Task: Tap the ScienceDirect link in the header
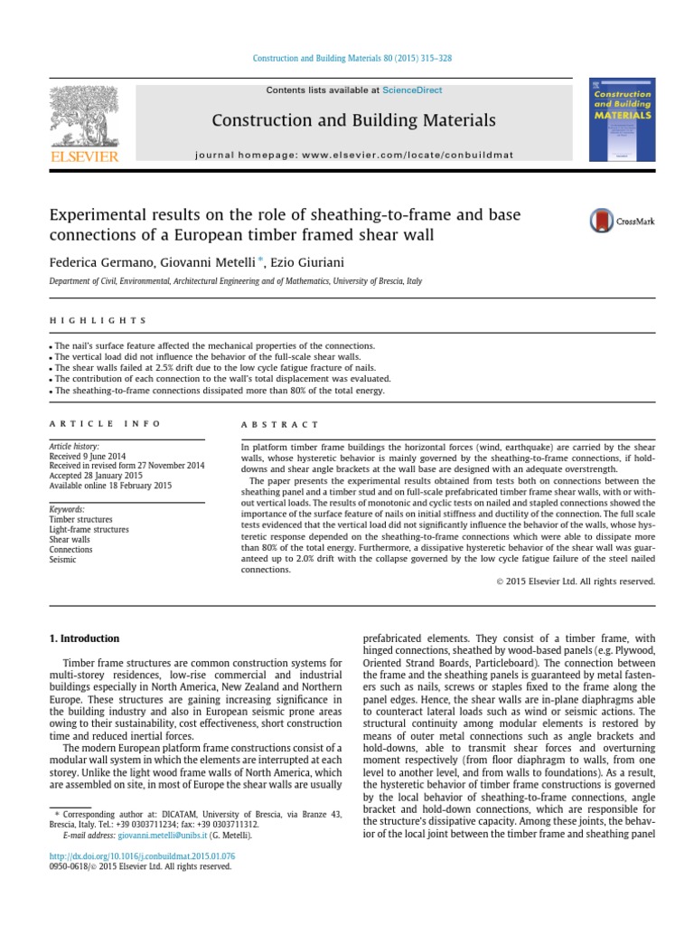coord(412,90)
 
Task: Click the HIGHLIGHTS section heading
coord(97,321)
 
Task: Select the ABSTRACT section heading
coord(279,424)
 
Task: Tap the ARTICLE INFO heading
coord(105,424)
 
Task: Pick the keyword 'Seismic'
coord(63,560)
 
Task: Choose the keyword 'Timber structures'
coord(81,520)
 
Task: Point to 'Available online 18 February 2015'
coord(110,486)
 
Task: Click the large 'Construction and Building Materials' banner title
coord(353,120)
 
